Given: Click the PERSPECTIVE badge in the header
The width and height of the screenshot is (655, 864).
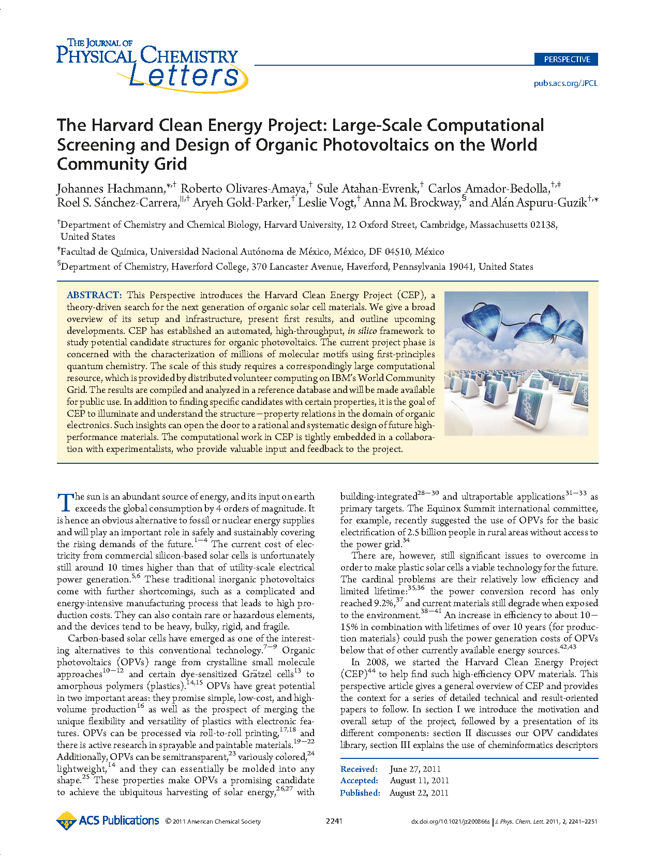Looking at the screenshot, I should (566, 59).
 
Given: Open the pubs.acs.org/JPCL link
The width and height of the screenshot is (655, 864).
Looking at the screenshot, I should (565, 83).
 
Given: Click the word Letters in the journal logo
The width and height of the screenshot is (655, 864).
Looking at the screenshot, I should (184, 76).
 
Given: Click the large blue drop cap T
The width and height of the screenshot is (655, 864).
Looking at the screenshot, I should (65, 502).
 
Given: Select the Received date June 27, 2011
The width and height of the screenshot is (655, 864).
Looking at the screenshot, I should (415, 769).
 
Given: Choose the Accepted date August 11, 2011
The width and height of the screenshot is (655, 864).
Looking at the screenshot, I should (419, 780).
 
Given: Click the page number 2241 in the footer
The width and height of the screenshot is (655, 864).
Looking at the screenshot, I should (334, 821).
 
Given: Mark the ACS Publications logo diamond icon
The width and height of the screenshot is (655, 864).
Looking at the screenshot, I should (66, 821).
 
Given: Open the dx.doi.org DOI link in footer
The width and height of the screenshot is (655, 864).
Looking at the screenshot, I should (450, 822).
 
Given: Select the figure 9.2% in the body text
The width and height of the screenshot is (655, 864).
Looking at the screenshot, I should (383, 603).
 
